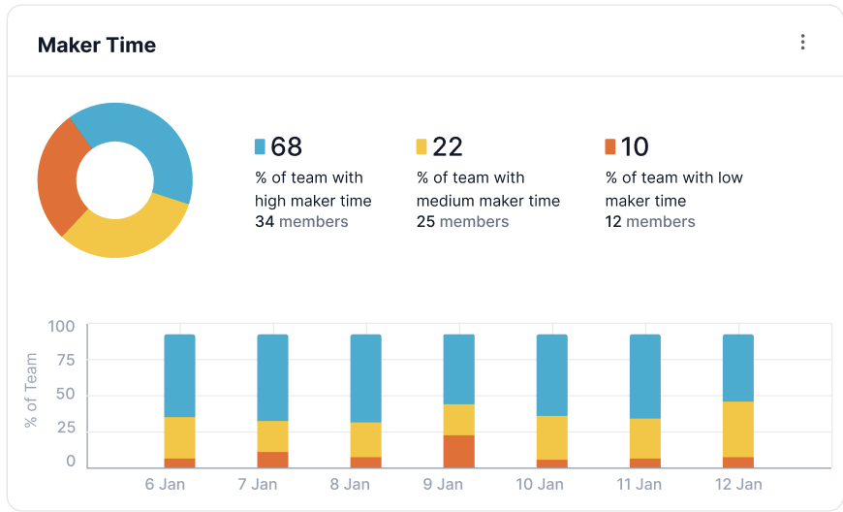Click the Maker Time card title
(96, 45)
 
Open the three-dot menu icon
(801, 42)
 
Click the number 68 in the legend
(286, 146)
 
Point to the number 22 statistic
(447, 146)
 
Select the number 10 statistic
(635, 146)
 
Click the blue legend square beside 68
(260, 146)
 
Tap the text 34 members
(301, 222)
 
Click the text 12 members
(650, 222)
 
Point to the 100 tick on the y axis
(61, 327)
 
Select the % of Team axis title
(32, 391)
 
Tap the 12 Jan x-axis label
(738, 484)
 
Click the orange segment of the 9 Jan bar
(458, 451)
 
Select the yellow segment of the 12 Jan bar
(738, 429)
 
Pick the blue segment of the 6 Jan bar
(179, 375)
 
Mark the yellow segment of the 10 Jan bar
(551, 437)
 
